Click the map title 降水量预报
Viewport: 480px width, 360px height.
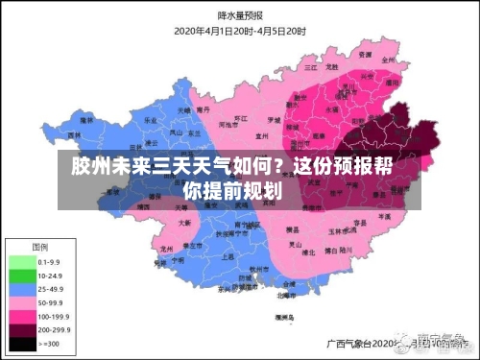[240, 16]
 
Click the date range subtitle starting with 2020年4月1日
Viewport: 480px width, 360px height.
[239, 30]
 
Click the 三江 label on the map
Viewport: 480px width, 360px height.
[310, 69]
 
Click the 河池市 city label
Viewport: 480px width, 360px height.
[228, 125]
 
